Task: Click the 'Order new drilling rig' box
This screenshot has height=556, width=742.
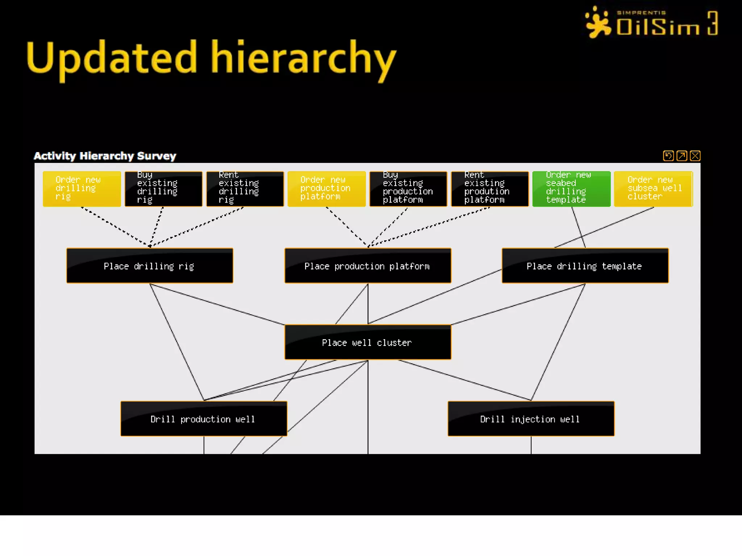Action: click(82, 189)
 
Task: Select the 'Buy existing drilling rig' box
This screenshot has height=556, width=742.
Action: click(163, 189)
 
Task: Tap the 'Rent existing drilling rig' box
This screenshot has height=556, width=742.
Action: click(245, 189)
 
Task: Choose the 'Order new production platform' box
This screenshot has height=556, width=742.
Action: click(326, 189)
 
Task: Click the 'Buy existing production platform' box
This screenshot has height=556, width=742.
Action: click(408, 189)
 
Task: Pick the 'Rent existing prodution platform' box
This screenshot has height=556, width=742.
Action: click(490, 189)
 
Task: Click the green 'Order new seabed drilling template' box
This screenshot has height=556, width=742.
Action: click(571, 189)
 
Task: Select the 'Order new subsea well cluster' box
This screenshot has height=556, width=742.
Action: click(653, 189)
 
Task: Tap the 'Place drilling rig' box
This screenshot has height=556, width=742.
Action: click(150, 266)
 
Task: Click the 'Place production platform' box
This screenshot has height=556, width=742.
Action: click(368, 266)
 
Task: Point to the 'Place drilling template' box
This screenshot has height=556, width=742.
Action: click(585, 266)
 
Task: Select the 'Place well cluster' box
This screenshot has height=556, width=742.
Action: click(368, 342)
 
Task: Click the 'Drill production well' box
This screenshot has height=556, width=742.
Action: click(204, 419)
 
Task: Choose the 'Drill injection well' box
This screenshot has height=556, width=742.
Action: click(531, 419)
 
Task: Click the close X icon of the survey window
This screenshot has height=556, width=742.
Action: click(695, 156)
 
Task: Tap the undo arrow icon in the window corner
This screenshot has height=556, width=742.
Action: click(668, 156)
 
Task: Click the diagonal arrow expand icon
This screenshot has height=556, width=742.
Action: click(681, 156)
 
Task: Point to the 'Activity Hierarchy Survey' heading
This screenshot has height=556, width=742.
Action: click(105, 156)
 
